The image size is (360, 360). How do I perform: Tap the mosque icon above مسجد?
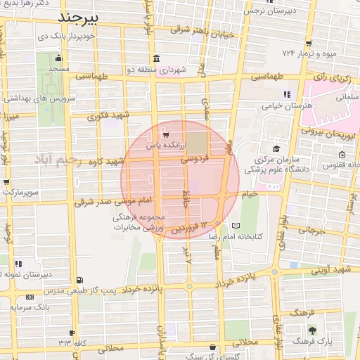coord(58,58)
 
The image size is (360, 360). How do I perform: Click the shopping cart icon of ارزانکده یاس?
coord(165,134)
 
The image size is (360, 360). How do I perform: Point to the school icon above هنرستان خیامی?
coord(286,94)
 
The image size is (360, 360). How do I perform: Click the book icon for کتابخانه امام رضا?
coord(236,226)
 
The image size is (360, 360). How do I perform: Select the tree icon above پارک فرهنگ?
coord(312,330)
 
